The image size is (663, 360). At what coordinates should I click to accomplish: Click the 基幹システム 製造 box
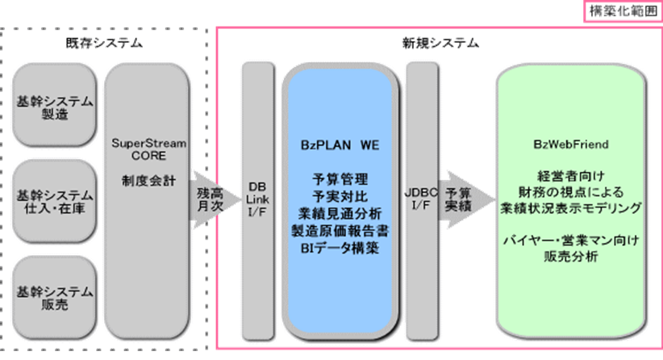pos(54,108)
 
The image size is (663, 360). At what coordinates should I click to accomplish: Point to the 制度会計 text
pos(149,182)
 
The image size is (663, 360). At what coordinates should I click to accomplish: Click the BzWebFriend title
pos(570,144)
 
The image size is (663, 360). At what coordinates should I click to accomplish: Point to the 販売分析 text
pos(570,257)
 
